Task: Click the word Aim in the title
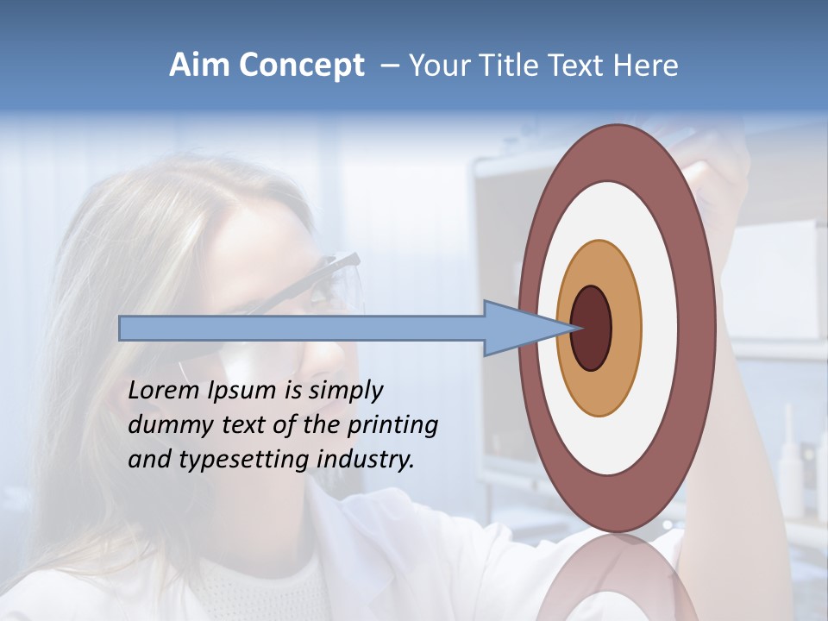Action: point(199,66)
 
